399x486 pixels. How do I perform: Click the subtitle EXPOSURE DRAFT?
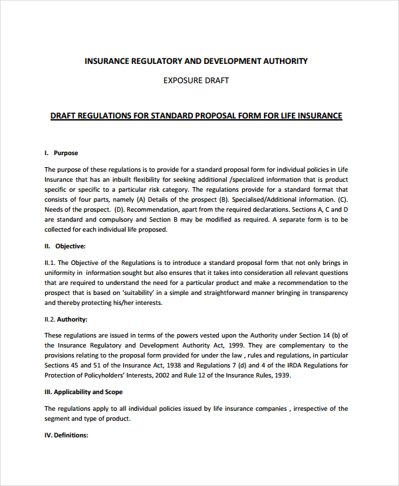(x=196, y=81)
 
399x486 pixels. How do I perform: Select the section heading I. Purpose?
(x=61, y=152)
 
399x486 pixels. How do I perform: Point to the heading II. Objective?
(x=65, y=246)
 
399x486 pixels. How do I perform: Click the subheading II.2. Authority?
(x=66, y=319)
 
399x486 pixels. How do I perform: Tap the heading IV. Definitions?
(x=66, y=435)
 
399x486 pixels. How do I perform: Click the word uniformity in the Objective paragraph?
(x=60, y=272)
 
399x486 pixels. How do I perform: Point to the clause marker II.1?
(x=51, y=262)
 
